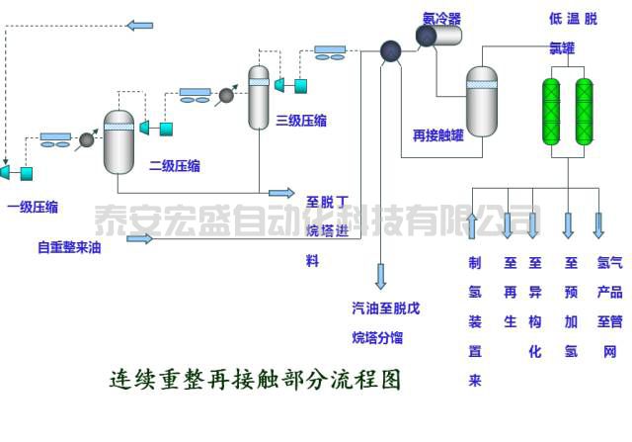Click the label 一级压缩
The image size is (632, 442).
pyautogui.click(x=32, y=207)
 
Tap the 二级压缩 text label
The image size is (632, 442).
pyautogui.click(x=174, y=165)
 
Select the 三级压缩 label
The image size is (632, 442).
pyautogui.click(x=301, y=121)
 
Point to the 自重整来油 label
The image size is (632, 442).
pyautogui.click(x=69, y=247)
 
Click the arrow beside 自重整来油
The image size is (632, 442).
pyautogui.click(x=139, y=238)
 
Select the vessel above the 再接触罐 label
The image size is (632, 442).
pyautogui.click(x=482, y=101)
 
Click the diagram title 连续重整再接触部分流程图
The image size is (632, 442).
pyautogui.click(x=255, y=379)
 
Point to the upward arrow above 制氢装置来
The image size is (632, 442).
pyautogui.click(x=473, y=225)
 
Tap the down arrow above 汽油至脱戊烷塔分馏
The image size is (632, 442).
pyautogui.click(x=380, y=276)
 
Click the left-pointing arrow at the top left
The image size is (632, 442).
pyautogui.click(x=140, y=24)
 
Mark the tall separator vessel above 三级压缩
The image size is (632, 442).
pyautogui.click(x=259, y=97)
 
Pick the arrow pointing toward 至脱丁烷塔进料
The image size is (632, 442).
pyautogui.click(x=281, y=192)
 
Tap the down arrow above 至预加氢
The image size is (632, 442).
pyautogui.click(x=568, y=225)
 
